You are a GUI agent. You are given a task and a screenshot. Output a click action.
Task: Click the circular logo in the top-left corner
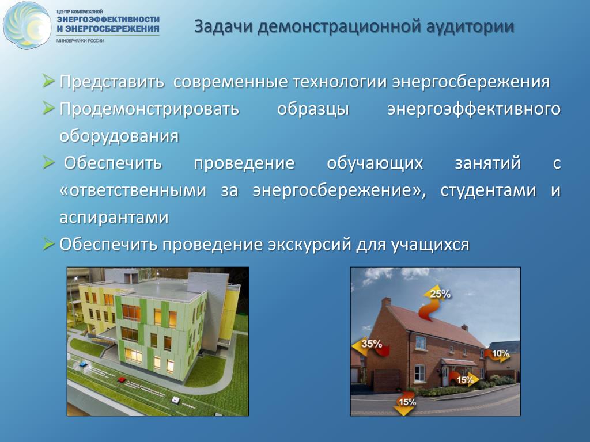click(x=27, y=25)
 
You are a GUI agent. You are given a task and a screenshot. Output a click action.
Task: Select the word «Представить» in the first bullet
click(x=112, y=82)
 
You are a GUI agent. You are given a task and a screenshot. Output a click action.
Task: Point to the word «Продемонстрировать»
click(x=149, y=109)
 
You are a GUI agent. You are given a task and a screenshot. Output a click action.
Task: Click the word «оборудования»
click(x=119, y=136)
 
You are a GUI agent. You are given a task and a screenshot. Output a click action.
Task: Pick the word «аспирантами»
click(x=114, y=217)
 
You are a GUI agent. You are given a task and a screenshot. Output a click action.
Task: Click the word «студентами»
click(x=488, y=190)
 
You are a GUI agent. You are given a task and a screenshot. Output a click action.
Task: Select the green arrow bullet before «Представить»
click(x=48, y=81)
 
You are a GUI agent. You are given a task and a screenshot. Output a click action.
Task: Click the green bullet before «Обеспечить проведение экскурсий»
click(x=48, y=243)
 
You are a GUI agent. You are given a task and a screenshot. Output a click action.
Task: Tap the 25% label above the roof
click(x=440, y=294)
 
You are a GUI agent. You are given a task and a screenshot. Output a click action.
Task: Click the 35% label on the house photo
click(x=372, y=344)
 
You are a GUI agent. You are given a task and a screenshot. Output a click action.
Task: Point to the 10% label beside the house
click(x=500, y=353)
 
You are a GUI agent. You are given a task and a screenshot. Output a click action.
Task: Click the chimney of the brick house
click(x=386, y=303)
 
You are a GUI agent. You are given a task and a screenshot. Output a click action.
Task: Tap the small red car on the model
click(x=121, y=380)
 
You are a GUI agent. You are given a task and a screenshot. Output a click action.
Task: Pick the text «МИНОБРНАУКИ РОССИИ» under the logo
click(x=80, y=41)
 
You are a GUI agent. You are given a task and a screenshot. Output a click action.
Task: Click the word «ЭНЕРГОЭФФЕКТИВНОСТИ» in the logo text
click(x=108, y=19)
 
